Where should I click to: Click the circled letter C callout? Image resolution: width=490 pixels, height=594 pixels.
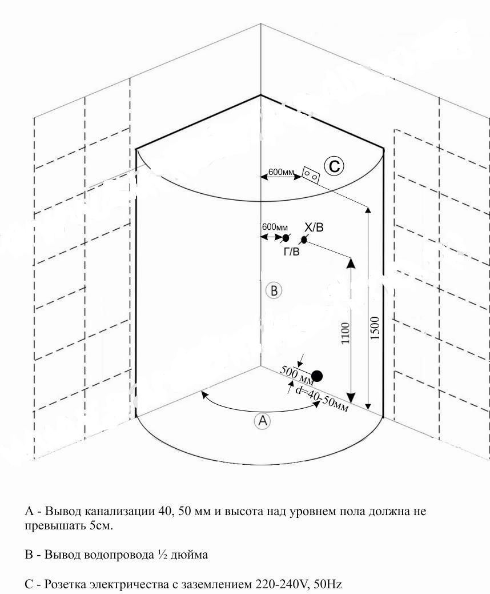[334, 166]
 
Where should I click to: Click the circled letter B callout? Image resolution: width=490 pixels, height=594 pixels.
[274, 290]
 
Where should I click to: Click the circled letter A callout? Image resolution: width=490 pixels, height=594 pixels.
[262, 421]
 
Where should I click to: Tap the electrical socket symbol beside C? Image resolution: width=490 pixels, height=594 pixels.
[311, 175]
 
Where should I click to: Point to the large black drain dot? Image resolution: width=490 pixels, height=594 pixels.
[317, 376]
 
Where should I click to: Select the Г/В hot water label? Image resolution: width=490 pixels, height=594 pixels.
[291, 252]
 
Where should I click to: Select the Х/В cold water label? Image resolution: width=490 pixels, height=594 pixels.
[314, 228]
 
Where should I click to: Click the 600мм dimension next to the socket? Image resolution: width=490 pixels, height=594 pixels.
[281, 172]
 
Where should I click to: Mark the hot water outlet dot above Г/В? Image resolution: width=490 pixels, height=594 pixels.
[286, 237]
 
